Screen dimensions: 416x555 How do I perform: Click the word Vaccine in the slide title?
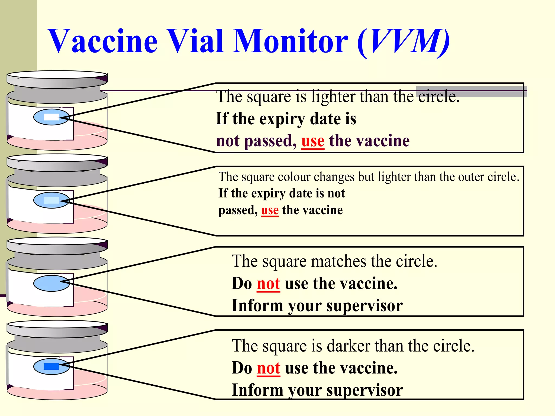coord(103,41)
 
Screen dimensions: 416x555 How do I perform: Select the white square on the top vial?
coord(51,117)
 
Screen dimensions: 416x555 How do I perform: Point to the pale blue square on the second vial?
coord(51,200)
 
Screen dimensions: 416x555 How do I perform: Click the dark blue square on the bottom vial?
coord(51,366)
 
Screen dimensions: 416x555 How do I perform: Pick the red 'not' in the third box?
coord(268,284)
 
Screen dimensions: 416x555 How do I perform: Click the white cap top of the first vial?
coord(57,75)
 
